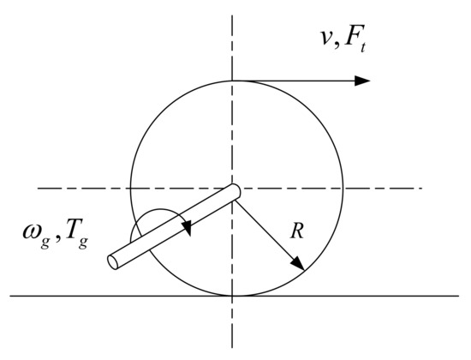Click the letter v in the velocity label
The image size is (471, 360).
tap(327, 39)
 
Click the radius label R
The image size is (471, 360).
tap(297, 231)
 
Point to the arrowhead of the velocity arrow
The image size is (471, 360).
tap(362, 81)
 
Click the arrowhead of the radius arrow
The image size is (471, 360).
tap(298, 263)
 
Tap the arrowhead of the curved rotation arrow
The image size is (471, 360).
tap(188, 228)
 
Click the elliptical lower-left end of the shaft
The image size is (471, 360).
tap(113, 262)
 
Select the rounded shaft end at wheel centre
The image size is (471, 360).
tap(235, 192)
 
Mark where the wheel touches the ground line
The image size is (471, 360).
tap(232, 296)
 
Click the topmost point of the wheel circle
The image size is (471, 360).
tap(232, 81)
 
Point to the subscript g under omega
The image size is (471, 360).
tap(45, 243)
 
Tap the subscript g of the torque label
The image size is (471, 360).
tap(83, 243)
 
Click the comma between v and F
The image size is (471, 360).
tap(337, 45)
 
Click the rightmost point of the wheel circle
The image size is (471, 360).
tap(343, 189)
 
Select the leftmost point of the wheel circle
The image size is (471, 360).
tap(131, 189)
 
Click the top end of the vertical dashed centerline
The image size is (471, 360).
tap(232, 15)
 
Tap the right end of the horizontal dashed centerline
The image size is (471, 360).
tap(422, 189)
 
